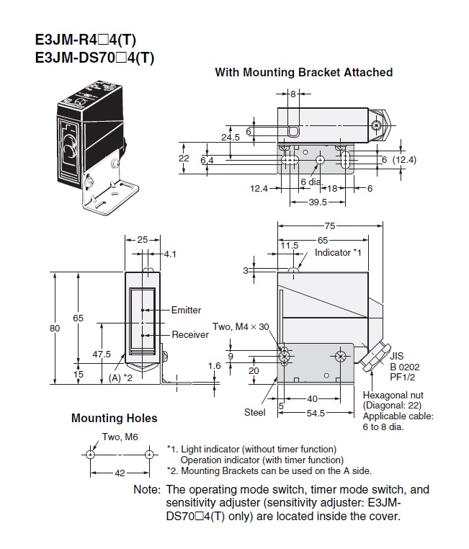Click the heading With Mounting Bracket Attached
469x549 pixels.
point(303,72)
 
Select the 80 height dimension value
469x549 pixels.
point(53,329)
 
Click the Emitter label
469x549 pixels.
point(186,311)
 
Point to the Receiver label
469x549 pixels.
point(189,335)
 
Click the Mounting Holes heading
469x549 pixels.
point(114,418)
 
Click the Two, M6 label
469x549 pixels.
point(120,437)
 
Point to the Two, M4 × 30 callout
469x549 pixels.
point(240,326)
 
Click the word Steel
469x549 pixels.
point(254,412)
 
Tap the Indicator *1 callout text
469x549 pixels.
point(336,253)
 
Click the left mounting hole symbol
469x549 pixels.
point(89,455)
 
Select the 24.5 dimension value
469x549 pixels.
point(230,137)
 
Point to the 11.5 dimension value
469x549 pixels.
point(290,246)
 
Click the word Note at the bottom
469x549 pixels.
point(146,489)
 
